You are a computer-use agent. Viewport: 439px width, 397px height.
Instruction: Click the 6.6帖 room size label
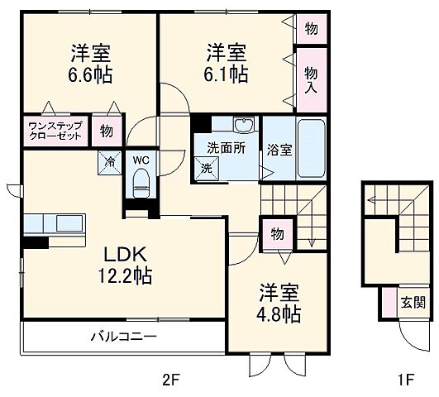pos(91,75)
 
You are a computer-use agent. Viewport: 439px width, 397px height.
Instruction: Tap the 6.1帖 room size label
pos(227,75)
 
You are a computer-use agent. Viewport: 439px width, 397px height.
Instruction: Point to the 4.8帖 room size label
pos(277,314)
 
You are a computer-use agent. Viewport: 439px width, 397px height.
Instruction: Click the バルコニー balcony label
pos(123,337)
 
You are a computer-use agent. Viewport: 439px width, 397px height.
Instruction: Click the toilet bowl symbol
pos(141,179)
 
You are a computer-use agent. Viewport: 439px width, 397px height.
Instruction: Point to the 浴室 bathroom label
pos(279,150)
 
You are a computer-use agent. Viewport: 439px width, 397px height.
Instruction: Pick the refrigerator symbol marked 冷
pos(108,161)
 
